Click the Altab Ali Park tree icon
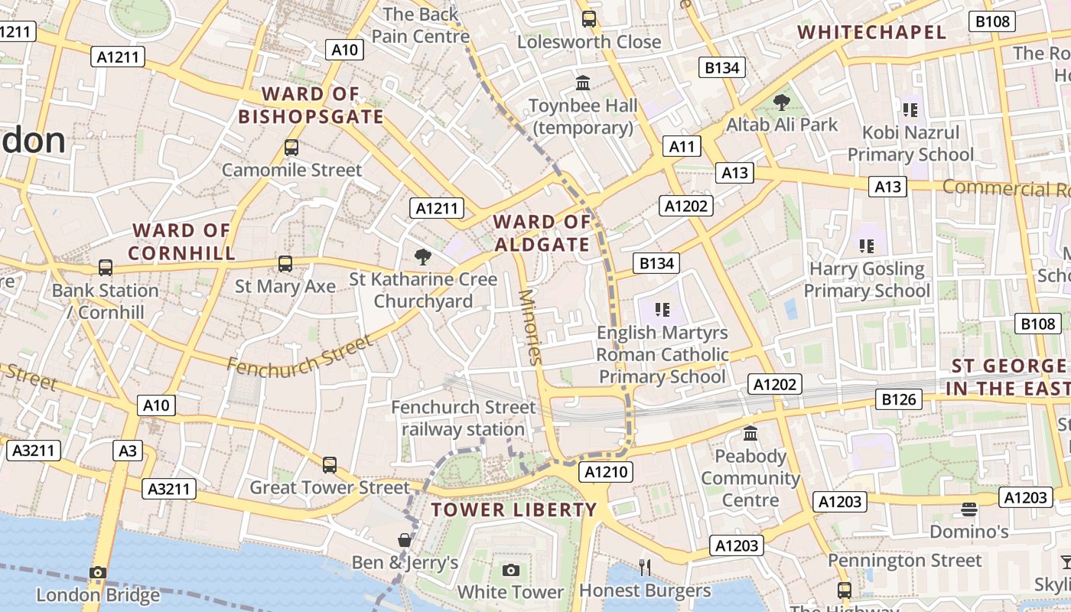point(781,102)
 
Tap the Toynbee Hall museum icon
point(583,83)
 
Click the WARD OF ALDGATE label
point(542,233)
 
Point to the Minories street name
point(529,326)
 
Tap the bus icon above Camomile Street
point(291,148)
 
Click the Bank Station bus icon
point(106,268)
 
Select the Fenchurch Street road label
point(299,356)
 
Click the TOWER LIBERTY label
point(513,510)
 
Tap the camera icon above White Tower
point(511,571)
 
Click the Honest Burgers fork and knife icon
point(645,567)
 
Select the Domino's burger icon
point(969,509)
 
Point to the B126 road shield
point(899,399)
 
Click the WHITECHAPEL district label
point(871,32)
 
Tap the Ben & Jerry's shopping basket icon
point(405,540)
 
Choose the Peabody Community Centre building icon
point(750,433)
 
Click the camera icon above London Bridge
point(98,572)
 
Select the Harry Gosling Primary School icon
point(867,246)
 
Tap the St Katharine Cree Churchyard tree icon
point(422,257)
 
